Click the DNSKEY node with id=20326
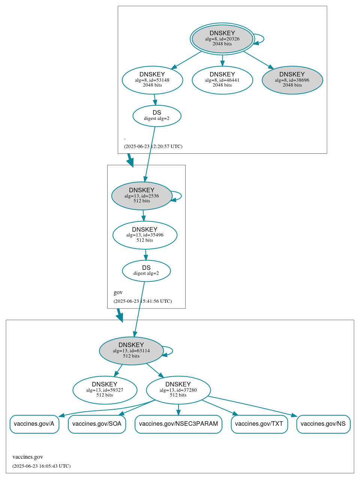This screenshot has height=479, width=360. tap(222, 39)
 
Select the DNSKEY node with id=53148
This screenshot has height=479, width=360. tap(152, 80)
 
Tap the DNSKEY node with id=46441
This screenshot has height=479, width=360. tap(222, 80)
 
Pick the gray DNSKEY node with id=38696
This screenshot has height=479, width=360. tap(292, 80)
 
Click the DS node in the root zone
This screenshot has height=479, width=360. tap(157, 116)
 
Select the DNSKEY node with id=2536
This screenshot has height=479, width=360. tap(142, 196)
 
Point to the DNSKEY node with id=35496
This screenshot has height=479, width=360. tap(145, 235)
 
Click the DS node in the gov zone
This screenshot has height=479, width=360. tap(146, 271)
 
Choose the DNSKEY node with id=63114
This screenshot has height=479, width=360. tap(131, 350)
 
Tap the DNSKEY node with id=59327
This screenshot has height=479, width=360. tap(105, 390)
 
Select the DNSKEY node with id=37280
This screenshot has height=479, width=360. tap(178, 390)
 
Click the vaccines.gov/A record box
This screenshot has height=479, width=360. tap(34, 424)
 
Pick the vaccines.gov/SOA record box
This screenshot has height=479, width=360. tap(97, 424)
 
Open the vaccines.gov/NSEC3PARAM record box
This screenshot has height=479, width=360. tap(178, 424)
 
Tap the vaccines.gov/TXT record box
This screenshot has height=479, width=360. tap(259, 424)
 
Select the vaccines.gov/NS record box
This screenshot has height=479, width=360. tap(323, 424)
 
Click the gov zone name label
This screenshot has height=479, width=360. tap(118, 292)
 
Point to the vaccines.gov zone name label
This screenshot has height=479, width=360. tap(28, 457)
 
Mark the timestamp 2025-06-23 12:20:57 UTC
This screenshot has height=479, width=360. tap(153, 147)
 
